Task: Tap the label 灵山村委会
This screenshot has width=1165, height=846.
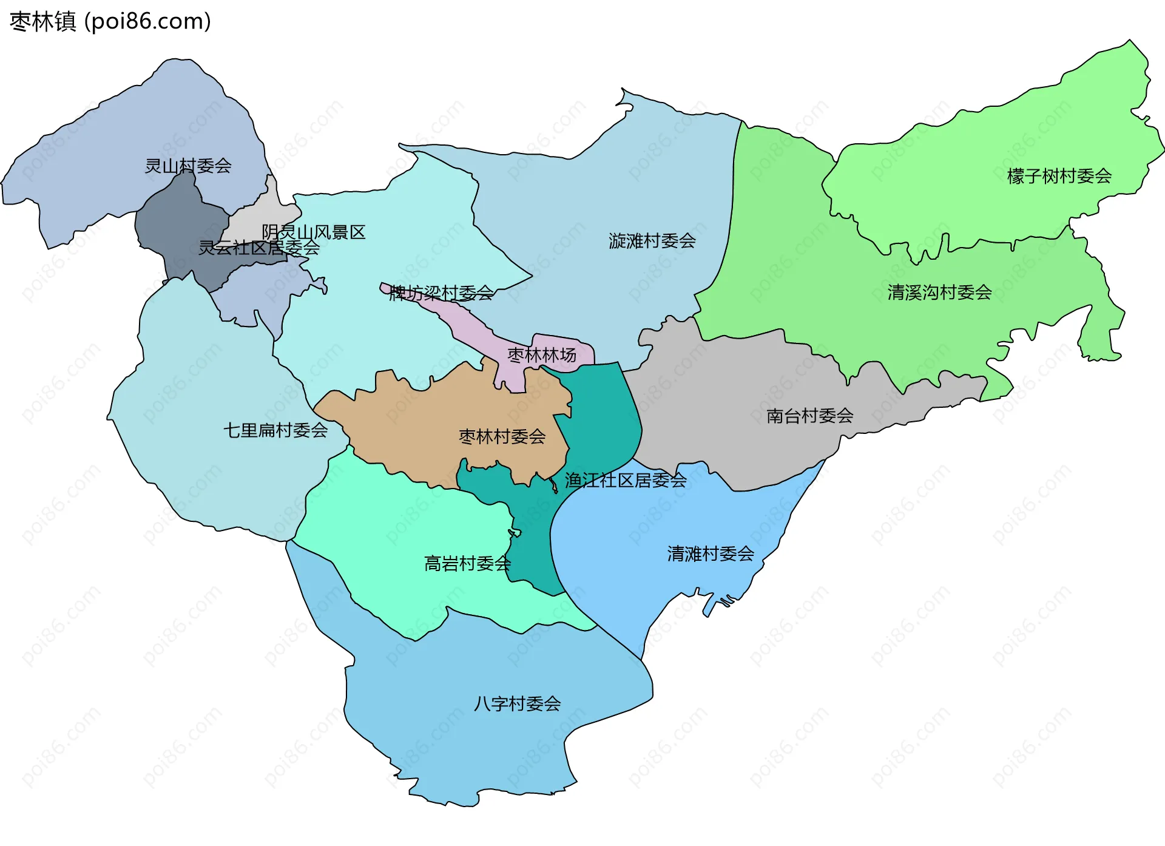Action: click(x=188, y=166)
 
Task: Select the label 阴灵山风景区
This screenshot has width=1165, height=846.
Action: click(x=314, y=232)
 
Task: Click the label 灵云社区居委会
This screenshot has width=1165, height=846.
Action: click(x=259, y=247)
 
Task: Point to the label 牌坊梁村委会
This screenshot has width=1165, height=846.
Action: click(x=441, y=293)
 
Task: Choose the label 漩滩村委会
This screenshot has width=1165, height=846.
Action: click(x=652, y=241)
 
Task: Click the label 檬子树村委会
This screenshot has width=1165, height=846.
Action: click(x=1059, y=176)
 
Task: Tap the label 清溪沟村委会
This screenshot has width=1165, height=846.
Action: click(x=939, y=293)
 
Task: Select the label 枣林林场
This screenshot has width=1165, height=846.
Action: click(x=542, y=355)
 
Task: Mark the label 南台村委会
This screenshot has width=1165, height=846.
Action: click(x=810, y=416)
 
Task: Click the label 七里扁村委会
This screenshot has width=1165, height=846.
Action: click(x=275, y=430)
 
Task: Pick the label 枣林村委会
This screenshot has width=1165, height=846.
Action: click(x=502, y=436)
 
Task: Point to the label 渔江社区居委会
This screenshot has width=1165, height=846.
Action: click(x=626, y=480)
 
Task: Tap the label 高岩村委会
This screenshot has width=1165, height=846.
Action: click(x=467, y=563)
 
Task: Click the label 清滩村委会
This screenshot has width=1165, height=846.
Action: click(x=711, y=553)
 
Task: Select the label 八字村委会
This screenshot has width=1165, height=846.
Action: click(x=518, y=703)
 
